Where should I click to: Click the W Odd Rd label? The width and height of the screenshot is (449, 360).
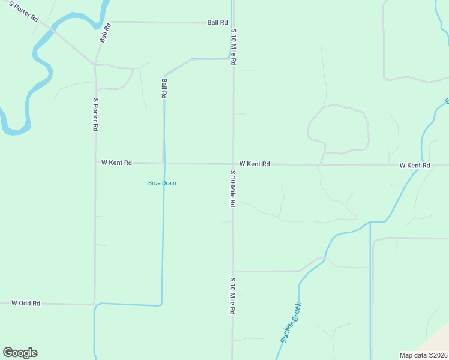pyautogui.click(x=26, y=304)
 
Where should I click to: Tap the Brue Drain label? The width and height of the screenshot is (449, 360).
pyautogui.click(x=162, y=183)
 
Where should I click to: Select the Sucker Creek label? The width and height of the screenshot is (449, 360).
pyautogui.click(x=291, y=322)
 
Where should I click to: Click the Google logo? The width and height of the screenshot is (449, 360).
pyautogui.click(x=20, y=353)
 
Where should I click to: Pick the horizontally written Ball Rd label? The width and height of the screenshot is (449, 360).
pyautogui.click(x=217, y=23)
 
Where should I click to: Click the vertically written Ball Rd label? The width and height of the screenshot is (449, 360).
pyautogui.click(x=164, y=88)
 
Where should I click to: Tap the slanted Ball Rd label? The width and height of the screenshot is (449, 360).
pyautogui.click(x=106, y=32)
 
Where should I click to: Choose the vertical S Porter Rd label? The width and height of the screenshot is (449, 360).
pyautogui.click(x=95, y=115)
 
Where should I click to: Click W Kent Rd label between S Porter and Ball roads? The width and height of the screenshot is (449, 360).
pyautogui.click(x=116, y=163)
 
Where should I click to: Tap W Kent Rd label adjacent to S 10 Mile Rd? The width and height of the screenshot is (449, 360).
pyautogui.click(x=255, y=164)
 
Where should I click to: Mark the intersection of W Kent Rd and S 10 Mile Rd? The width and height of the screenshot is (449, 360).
pyautogui.click(x=233, y=164)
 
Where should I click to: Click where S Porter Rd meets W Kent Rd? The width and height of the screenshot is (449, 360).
pyautogui.click(x=95, y=163)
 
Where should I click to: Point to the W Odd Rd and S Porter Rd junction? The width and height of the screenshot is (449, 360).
pyautogui.click(x=94, y=304)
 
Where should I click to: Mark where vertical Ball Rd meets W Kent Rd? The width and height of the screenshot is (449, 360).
pyautogui.click(x=164, y=163)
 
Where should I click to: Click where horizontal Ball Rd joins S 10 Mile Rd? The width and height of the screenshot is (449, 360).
pyautogui.click(x=233, y=23)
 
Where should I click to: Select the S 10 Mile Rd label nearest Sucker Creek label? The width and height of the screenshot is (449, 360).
pyautogui.click(x=232, y=296)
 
